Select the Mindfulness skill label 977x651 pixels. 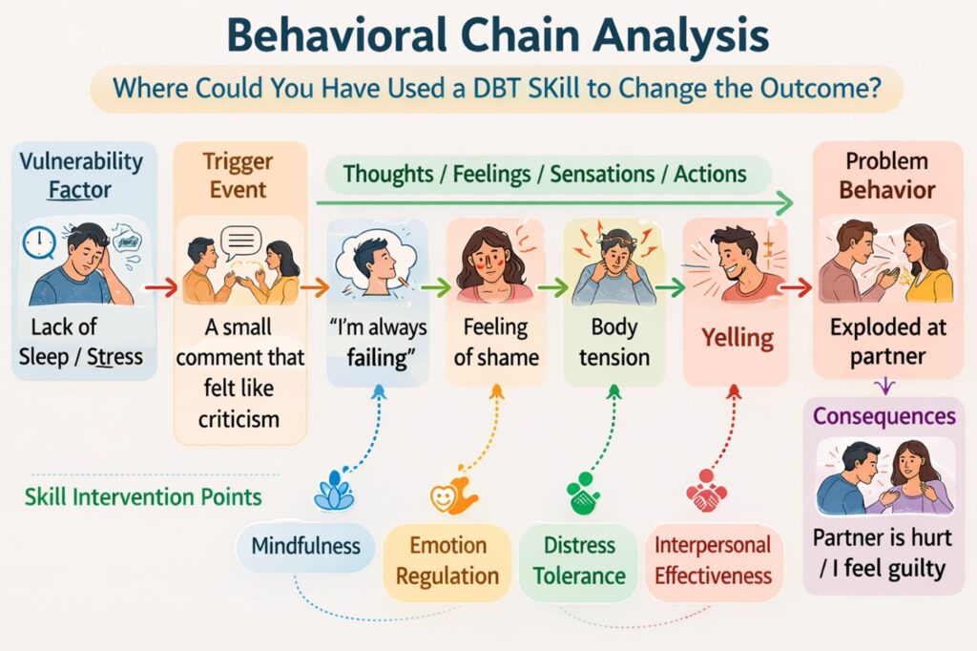[x=305, y=547]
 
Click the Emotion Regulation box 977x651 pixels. [x=447, y=560]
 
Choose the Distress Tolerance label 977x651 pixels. [x=579, y=560]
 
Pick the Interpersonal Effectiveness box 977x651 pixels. [x=713, y=560]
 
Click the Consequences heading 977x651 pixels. [x=883, y=416]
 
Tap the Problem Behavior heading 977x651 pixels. [x=886, y=176]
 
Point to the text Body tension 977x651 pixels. [x=613, y=343]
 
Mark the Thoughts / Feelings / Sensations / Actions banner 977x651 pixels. [x=545, y=174]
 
